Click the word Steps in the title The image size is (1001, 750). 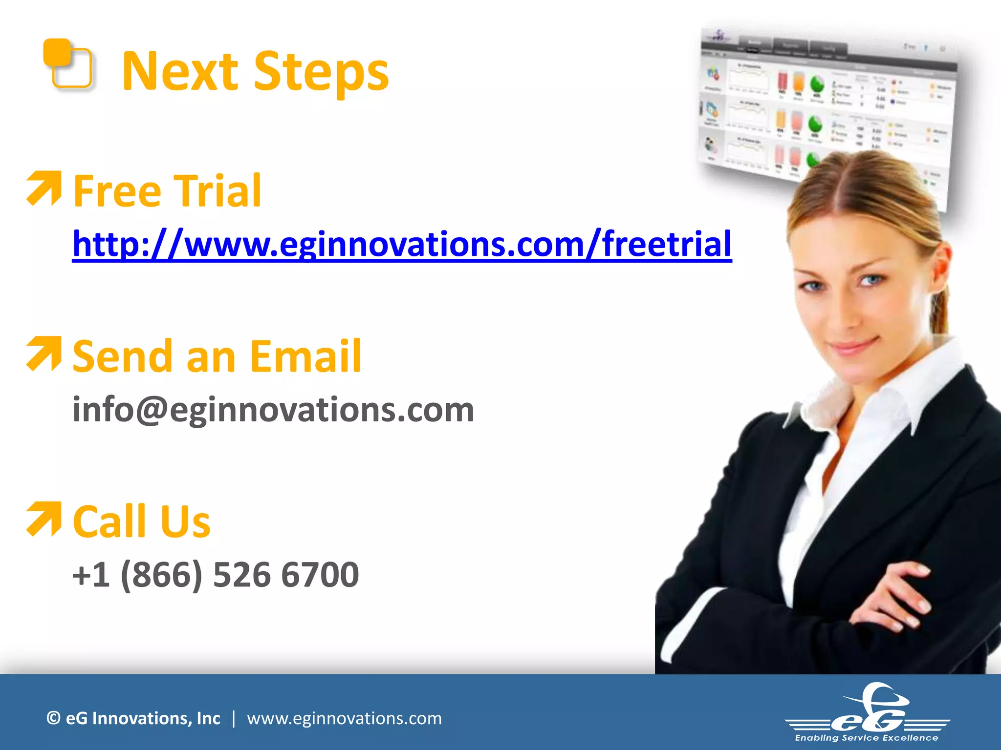[321, 72]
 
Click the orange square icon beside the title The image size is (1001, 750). [67, 63]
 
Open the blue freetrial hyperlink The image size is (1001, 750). [402, 244]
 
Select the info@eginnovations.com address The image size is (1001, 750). [273, 410]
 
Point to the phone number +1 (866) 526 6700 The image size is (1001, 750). [216, 575]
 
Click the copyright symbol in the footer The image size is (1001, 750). [53, 718]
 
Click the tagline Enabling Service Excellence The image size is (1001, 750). [867, 738]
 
